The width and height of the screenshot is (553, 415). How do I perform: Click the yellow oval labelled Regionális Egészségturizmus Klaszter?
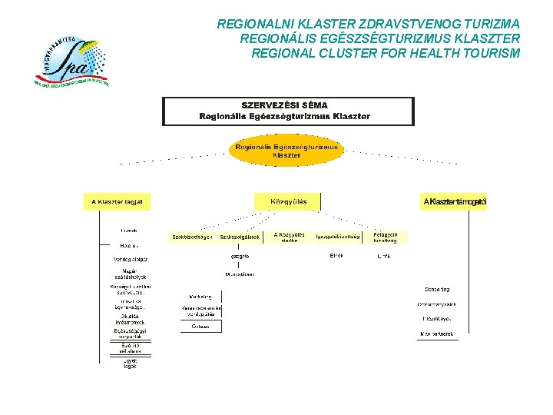(x=286, y=151)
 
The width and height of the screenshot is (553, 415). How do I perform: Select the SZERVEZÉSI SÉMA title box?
(x=287, y=111)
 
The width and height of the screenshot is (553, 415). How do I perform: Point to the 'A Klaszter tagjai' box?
(x=117, y=202)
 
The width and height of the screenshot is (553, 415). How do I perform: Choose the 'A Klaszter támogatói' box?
(x=455, y=202)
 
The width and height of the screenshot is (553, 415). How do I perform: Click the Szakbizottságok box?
(x=192, y=237)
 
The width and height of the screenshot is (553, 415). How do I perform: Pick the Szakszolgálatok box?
(x=240, y=237)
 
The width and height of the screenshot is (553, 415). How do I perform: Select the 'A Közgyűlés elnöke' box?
(x=289, y=237)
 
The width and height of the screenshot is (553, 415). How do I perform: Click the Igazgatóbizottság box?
(x=338, y=237)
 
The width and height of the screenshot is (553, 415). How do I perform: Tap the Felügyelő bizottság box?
(x=386, y=237)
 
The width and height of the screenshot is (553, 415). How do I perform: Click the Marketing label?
(x=200, y=296)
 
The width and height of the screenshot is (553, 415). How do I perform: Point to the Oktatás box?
(x=200, y=326)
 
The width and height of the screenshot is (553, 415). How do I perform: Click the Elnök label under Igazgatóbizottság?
(x=336, y=256)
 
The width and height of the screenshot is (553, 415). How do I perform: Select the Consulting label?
(x=437, y=289)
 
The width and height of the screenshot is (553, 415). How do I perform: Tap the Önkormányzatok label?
(x=437, y=304)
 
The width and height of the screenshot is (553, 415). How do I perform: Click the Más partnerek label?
(x=437, y=334)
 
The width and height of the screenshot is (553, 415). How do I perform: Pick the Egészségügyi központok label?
(x=130, y=334)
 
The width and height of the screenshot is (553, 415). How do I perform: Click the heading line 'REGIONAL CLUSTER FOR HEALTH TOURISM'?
(x=386, y=53)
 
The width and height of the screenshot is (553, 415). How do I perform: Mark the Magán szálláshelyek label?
(x=130, y=274)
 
